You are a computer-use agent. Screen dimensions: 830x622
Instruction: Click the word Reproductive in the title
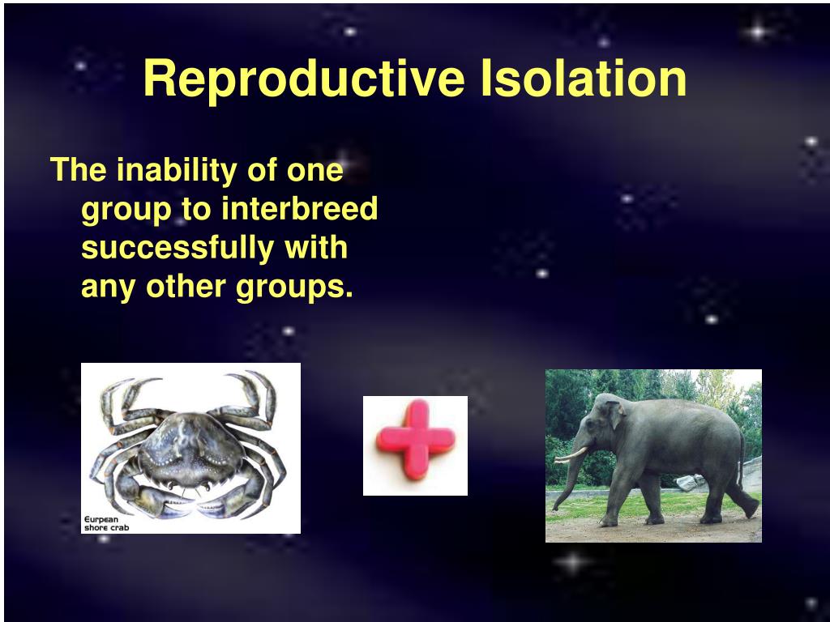(305, 79)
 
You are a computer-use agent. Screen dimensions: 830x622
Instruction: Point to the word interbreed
(299, 208)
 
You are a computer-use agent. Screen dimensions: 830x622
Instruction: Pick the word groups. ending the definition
(294, 288)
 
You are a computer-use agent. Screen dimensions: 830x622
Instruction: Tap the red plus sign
(416, 440)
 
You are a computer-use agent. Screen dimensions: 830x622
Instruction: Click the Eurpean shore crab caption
(106, 523)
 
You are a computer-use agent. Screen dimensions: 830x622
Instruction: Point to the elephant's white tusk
(571, 455)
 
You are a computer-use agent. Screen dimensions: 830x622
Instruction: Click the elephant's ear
(615, 415)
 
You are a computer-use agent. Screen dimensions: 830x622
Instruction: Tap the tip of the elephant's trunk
(554, 509)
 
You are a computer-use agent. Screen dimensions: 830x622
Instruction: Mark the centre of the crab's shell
(189, 447)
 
